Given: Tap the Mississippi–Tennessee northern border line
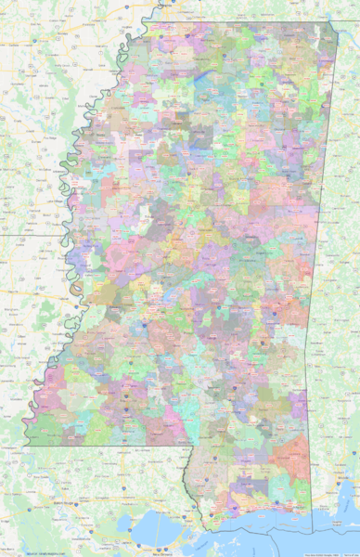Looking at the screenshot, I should pos(232,23).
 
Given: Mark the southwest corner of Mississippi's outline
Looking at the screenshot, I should pos(24,446).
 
